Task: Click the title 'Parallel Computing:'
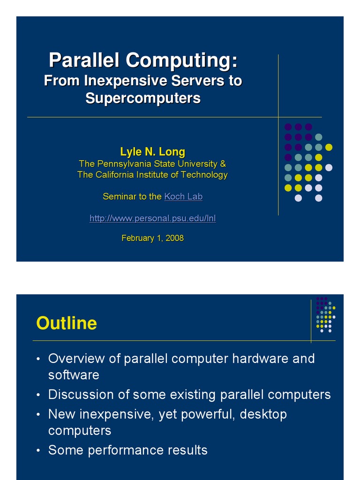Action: coord(143,60)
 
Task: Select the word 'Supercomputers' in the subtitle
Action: coord(143,98)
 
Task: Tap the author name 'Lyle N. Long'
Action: coord(152,152)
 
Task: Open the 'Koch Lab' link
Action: coord(183,197)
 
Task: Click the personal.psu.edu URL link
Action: coord(152,218)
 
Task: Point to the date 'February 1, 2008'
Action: coord(152,238)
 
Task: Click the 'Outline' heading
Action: coord(67,323)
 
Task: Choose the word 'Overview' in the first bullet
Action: coord(73,359)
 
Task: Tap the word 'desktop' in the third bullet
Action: coord(263,414)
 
